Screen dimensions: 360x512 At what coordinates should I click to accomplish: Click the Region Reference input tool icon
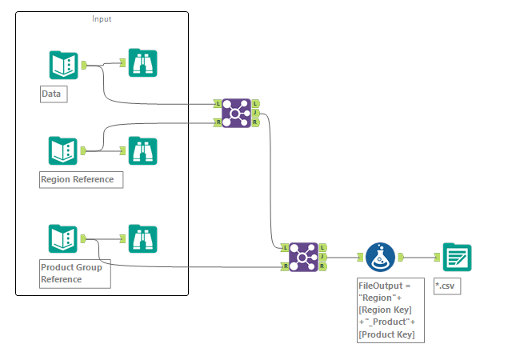(x=63, y=150)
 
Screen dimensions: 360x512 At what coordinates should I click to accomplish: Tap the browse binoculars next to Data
(x=143, y=63)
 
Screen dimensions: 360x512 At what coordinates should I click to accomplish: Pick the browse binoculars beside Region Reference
(x=143, y=150)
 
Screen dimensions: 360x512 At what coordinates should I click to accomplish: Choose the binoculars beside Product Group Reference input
(x=143, y=238)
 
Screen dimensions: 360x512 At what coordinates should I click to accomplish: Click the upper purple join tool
(x=236, y=113)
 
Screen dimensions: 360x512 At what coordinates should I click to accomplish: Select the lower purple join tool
(x=303, y=257)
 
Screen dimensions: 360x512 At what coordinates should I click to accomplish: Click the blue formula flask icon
(x=378, y=258)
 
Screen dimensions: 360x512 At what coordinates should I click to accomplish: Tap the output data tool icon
(x=457, y=258)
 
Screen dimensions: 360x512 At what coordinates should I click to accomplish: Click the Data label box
(x=53, y=94)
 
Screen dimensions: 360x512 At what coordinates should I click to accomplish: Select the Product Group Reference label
(x=74, y=273)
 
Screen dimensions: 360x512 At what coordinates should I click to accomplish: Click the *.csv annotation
(x=447, y=286)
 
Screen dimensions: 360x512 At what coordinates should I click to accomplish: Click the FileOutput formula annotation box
(x=389, y=310)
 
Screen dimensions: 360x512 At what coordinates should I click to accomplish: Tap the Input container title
(x=102, y=18)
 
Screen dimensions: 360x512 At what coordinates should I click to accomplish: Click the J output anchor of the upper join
(x=255, y=113)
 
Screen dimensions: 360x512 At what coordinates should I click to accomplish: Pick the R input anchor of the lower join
(x=285, y=266)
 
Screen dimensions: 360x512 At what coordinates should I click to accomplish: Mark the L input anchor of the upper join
(x=218, y=104)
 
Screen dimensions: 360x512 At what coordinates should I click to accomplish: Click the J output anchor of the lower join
(x=322, y=257)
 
